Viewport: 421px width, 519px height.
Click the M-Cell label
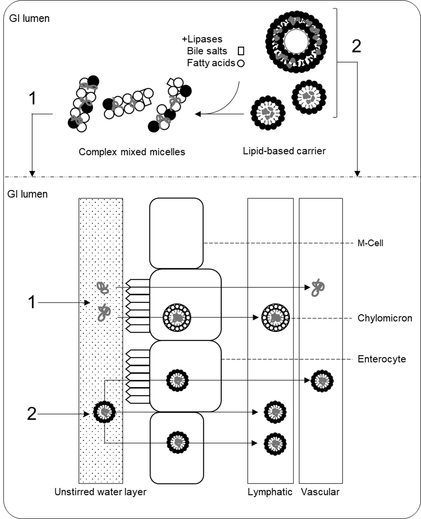pos(370,243)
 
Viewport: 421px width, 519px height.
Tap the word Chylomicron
pos(385,318)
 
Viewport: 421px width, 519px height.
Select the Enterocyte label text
pos(382,359)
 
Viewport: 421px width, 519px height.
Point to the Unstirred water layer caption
pos(100,492)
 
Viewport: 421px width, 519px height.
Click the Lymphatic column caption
pos(270,492)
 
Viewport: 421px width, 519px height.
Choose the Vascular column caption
pos(320,492)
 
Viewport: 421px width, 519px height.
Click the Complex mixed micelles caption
pos(132,152)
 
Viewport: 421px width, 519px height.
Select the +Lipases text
pos(202,39)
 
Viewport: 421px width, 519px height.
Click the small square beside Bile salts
pos(241,51)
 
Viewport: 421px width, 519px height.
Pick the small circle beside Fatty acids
pos(241,63)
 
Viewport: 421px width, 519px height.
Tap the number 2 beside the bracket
pos(356,46)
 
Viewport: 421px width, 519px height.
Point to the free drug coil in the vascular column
pos(318,287)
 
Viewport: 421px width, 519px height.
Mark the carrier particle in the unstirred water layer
pos(105,412)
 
